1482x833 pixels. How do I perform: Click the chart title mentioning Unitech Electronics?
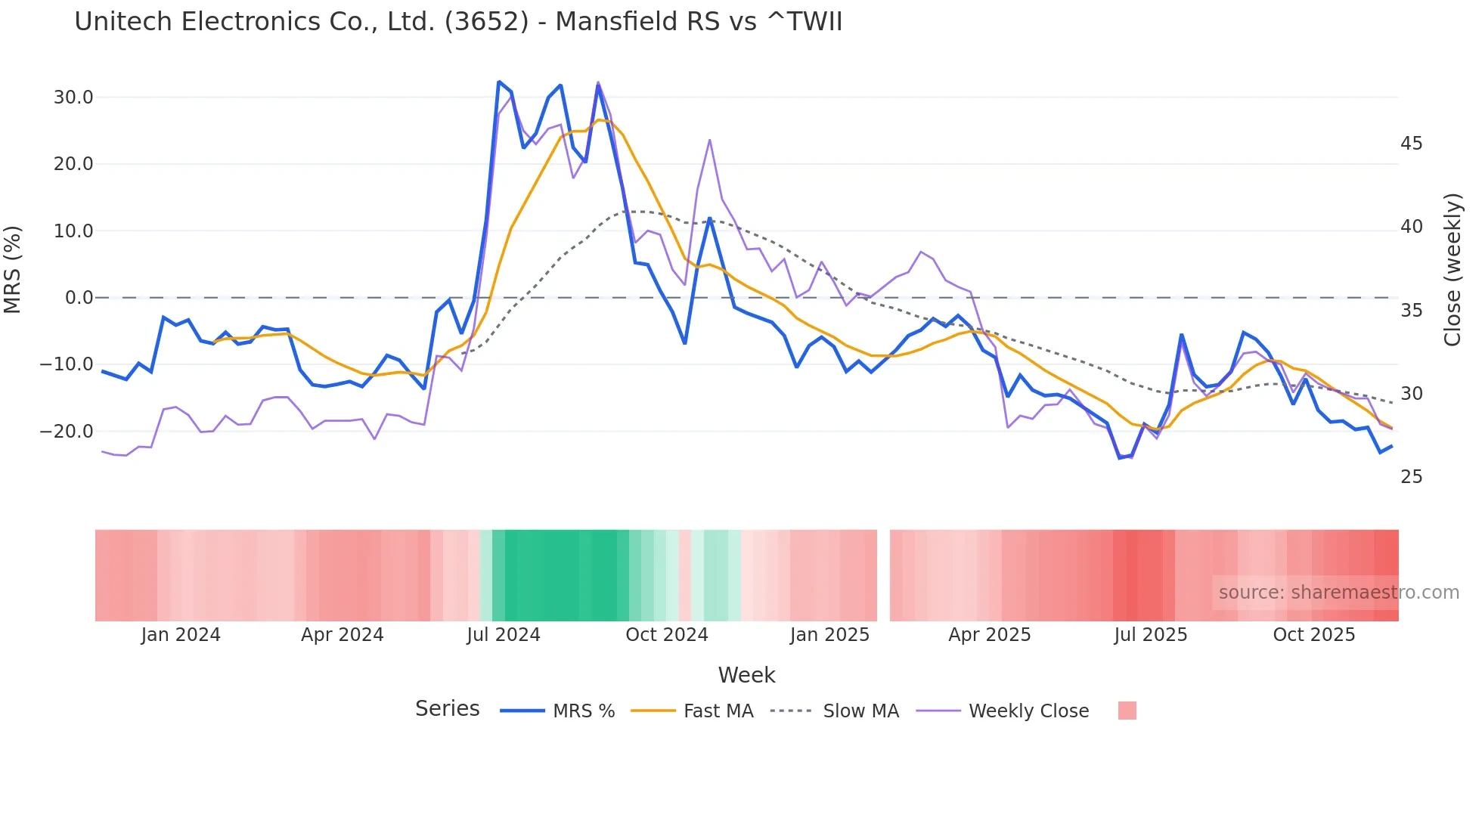pos(458,22)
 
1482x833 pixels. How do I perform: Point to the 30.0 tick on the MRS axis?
pos(73,98)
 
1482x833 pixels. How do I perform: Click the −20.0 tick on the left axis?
pos(67,432)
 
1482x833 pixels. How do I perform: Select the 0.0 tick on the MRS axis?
pos(79,298)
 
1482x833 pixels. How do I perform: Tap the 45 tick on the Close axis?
pos(1411,144)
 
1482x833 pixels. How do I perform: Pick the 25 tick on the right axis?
pos(1411,477)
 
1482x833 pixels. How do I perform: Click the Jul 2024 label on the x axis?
pos(504,635)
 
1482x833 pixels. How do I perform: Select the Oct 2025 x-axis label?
pos(1313,635)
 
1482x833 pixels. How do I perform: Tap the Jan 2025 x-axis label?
pos(829,635)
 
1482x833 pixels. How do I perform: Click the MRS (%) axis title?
pos(13,270)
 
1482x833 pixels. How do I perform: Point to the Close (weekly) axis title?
pos(1453,270)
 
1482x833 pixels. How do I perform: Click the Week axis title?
pos(746,675)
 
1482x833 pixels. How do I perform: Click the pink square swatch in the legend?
pos(1127,711)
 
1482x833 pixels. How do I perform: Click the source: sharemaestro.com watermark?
pos(1338,593)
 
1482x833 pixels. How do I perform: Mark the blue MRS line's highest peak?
pos(499,82)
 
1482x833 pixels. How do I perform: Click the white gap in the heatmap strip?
pos(883,575)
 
